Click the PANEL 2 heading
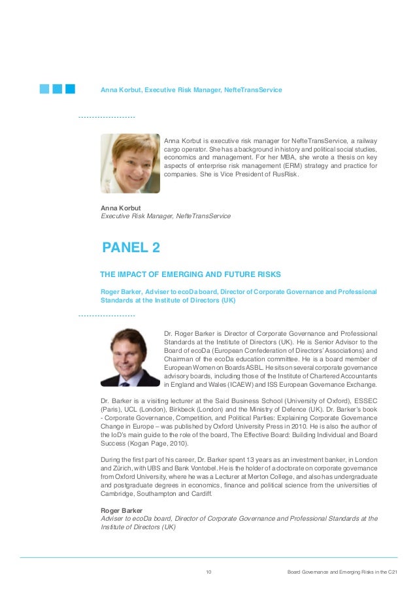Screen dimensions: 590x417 click(131, 248)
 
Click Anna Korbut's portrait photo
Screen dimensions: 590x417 click(129, 163)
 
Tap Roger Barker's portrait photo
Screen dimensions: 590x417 click(129, 357)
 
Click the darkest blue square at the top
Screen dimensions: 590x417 click(69, 88)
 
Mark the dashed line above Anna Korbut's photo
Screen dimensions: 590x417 click(107, 117)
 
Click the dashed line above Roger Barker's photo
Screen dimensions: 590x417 click(107, 316)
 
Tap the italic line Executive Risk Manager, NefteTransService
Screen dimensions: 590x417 click(165, 216)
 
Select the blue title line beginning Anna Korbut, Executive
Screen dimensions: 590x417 click(191, 89)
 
